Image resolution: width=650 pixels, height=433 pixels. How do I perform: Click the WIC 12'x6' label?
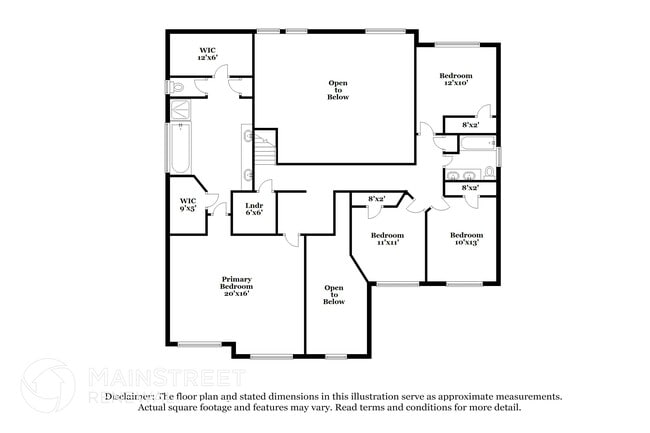coord(208,53)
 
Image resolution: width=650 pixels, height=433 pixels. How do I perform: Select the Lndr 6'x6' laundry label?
coord(253,209)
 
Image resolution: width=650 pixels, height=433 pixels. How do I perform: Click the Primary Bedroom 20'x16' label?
coord(236,286)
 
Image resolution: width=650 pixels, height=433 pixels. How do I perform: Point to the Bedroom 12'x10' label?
coord(456,79)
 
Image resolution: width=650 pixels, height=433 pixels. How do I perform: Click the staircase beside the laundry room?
coord(266,155)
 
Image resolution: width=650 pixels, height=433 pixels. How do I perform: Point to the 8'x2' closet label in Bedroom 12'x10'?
coord(469,126)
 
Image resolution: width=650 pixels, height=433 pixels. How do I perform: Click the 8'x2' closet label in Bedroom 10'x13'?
coord(469,188)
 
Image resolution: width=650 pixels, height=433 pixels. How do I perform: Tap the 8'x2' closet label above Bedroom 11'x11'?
coord(377,199)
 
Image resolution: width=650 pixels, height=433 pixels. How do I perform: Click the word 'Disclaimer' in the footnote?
coord(127,396)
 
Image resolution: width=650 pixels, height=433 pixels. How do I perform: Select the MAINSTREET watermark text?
coord(165,376)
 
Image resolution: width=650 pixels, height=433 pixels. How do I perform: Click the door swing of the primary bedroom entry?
coord(291,237)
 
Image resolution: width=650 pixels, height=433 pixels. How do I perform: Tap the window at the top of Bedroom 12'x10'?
coord(456,44)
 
